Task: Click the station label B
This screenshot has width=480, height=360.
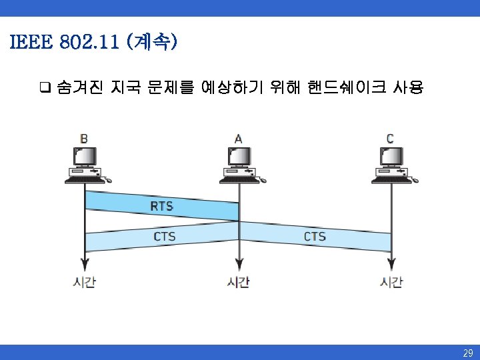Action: [84, 139]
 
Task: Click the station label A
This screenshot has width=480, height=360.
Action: [238, 139]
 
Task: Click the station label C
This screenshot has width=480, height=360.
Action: [390, 139]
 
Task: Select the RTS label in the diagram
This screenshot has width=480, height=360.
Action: [162, 206]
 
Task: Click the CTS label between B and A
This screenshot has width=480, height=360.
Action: [165, 237]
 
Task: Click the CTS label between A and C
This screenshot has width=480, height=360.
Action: [315, 237]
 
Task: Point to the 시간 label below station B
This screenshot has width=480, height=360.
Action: [84, 282]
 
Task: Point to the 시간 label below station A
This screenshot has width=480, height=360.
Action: [238, 282]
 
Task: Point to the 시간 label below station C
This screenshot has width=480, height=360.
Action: [391, 282]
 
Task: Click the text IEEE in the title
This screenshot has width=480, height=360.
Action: [29, 43]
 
